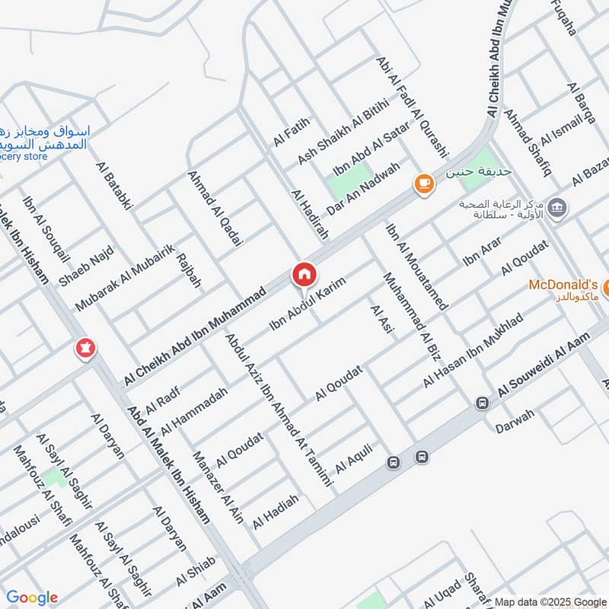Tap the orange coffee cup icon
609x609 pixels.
423,183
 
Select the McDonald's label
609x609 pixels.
563,282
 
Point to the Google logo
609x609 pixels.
31,598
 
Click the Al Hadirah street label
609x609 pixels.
310,215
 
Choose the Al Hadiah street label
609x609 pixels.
276,512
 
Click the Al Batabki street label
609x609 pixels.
115,185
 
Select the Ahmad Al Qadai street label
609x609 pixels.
214,207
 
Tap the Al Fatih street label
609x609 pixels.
292,130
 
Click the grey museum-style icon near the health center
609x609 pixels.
556,207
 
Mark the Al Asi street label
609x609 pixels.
381,320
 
